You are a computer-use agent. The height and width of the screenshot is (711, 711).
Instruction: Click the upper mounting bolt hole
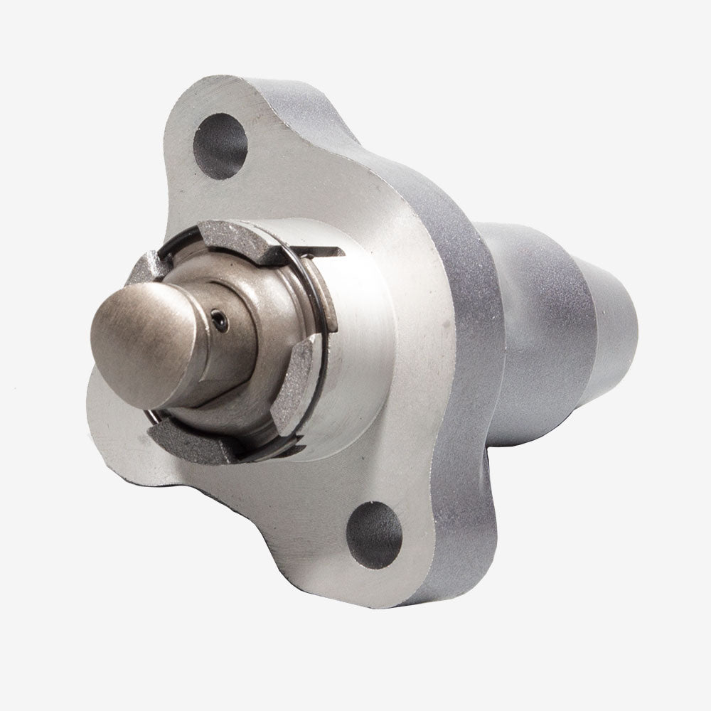pos(220,146)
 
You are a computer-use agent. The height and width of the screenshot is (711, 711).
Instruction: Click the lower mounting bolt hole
pos(375,534)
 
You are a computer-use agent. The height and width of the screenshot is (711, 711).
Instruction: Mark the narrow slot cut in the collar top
pos(327,251)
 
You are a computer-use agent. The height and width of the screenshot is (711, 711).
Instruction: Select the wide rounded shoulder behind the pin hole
pos(263,313)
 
